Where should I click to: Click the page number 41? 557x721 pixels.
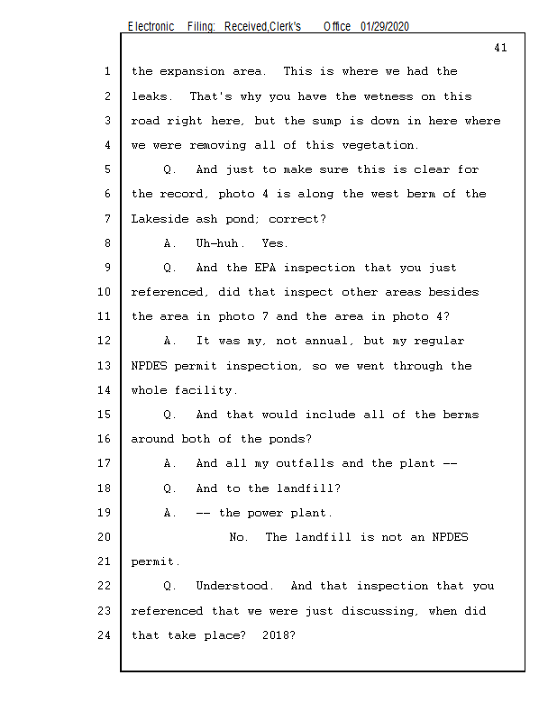coord(500,48)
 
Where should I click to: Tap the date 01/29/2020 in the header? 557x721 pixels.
coord(385,26)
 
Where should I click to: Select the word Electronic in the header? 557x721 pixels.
coord(151,26)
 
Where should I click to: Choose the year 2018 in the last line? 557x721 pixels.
coord(276,635)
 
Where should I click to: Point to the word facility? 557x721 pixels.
coord(208,390)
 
